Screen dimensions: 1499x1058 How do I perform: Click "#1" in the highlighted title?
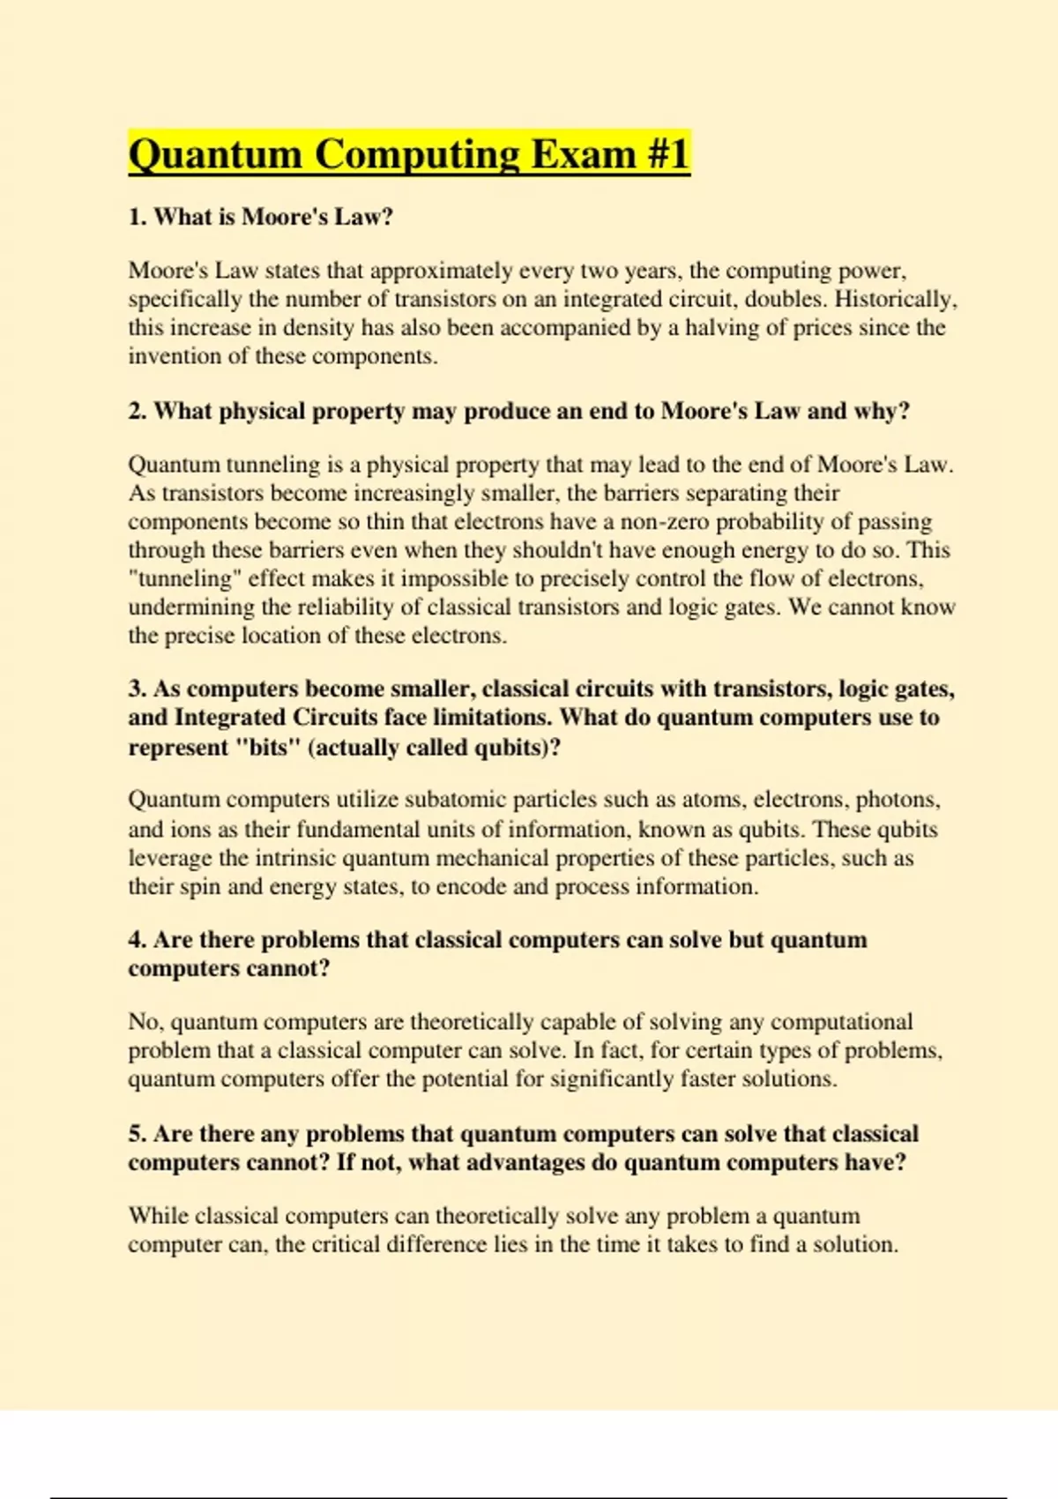667,154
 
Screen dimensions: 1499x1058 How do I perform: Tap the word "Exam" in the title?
581,154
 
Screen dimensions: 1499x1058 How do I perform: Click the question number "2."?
138,411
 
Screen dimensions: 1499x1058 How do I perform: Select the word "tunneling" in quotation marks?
181,578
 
